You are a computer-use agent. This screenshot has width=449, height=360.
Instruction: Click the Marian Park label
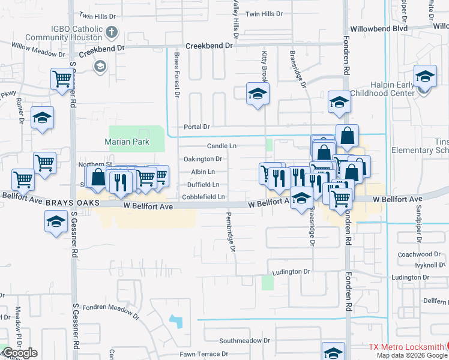point(126,142)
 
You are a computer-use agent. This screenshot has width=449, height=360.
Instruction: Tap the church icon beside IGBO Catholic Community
point(111,32)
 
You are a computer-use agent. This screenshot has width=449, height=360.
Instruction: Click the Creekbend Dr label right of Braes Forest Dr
point(208,46)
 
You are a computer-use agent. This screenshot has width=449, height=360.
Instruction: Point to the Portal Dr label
point(197,127)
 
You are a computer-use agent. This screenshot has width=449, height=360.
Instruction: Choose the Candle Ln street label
point(221,146)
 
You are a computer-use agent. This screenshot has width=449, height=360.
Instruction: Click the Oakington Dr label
point(202,159)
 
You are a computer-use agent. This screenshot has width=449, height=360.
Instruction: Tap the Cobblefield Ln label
point(203,197)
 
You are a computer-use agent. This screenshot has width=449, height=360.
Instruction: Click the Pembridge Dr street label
point(229,230)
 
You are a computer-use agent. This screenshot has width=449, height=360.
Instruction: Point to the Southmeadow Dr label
point(244,340)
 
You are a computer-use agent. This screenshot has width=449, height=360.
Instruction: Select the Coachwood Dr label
point(419,254)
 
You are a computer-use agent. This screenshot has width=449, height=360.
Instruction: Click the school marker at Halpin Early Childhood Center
point(425,76)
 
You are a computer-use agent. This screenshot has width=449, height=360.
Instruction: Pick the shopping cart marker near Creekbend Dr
point(62,78)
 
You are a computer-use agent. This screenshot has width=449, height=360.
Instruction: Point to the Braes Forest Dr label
point(177,74)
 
